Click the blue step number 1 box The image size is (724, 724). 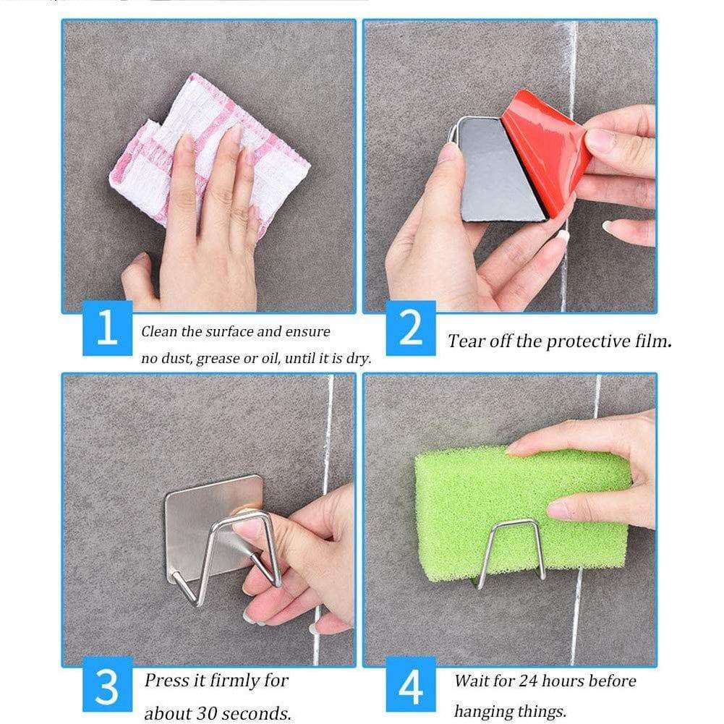108,328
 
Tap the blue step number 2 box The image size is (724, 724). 411,328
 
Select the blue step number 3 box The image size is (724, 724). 108,684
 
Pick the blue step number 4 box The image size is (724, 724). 411,684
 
